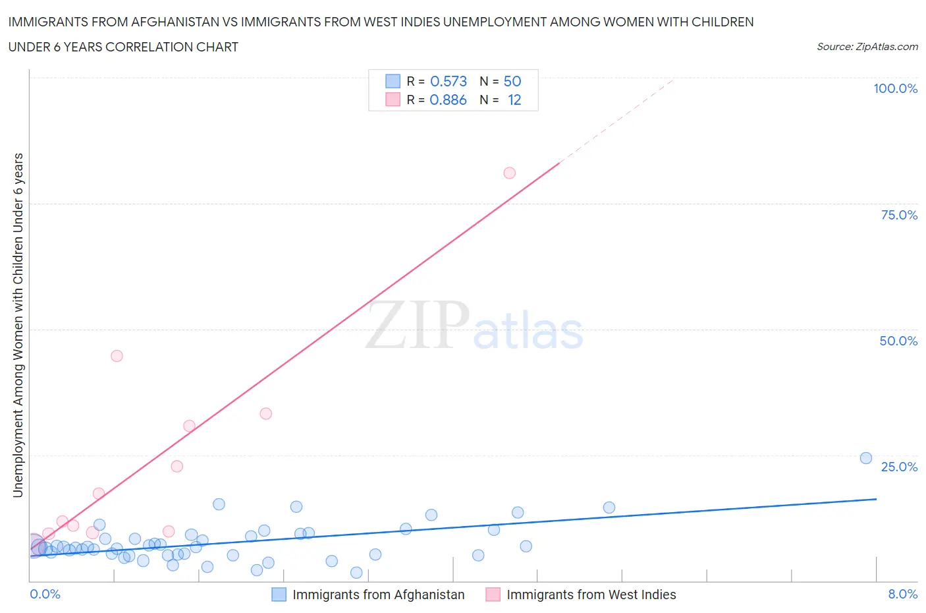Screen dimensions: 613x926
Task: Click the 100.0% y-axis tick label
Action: [x=895, y=88]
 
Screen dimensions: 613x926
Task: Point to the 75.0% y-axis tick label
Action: [x=899, y=215]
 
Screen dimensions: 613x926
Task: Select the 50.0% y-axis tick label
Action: [x=898, y=341]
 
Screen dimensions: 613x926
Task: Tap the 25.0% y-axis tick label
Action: [x=899, y=467]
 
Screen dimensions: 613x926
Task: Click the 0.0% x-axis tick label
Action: [x=45, y=594]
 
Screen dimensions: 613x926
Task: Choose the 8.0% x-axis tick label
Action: [x=902, y=594]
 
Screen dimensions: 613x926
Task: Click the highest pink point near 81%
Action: [x=509, y=173]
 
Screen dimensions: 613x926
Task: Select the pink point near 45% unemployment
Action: [x=117, y=356]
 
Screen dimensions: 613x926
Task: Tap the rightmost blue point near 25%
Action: [x=866, y=458]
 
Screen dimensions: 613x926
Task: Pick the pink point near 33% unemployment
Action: [x=266, y=414]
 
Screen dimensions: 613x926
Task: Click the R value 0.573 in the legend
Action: [x=448, y=81]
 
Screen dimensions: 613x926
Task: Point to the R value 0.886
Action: [x=448, y=100]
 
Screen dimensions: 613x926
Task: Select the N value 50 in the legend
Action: [x=512, y=81]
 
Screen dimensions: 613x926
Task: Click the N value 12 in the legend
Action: [x=514, y=100]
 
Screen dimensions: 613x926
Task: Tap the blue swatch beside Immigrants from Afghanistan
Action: [x=279, y=595]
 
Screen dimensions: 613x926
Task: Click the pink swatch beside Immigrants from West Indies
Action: [x=493, y=595]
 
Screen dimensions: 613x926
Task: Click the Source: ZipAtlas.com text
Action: [x=867, y=47]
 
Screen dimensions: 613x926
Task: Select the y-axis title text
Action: [x=18, y=325]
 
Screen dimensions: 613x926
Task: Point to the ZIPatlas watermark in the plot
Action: [x=474, y=326]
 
